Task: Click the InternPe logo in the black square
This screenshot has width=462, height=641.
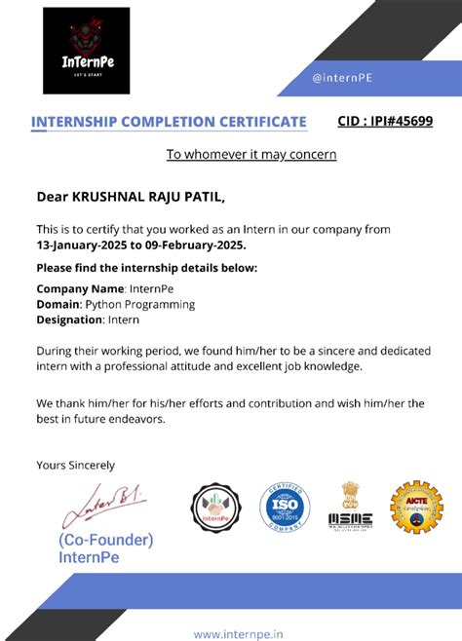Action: click(86, 51)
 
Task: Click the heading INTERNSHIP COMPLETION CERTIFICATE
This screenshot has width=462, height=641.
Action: click(169, 122)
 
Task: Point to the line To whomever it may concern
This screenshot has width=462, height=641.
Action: click(251, 154)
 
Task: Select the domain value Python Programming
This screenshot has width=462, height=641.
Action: click(140, 304)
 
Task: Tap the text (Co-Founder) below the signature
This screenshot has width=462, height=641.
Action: click(105, 539)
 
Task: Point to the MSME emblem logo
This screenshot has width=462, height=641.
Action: click(350, 507)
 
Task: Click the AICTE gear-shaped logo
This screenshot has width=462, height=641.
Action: click(416, 508)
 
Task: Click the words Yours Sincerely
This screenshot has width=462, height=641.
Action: click(75, 465)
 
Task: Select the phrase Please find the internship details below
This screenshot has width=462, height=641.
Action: click(146, 267)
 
